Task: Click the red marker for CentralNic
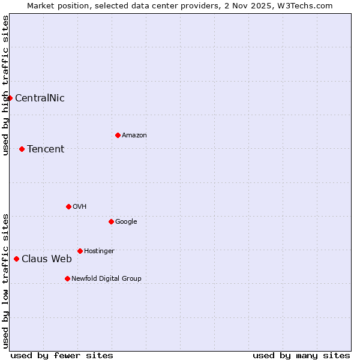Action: pyautogui.click(x=10, y=98)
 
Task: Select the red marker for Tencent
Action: pyautogui.click(x=22, y=149)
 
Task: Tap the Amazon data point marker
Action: pyautogui.click(x=118, y=135)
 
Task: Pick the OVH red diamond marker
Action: pyautogui.click(x=68, y=206)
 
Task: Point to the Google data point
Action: pyautogui.click(x=111, y=221)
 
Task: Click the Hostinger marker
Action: pyautogui.click(x=80, y=251)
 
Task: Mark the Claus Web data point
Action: pyautogui.click(x=16, y=259)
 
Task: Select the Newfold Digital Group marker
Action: pyautogui.click(x=67, y=278)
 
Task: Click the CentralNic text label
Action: pyautogui.click(x=40, y=98)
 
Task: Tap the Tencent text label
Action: pyautogui.click(x=46, y=149)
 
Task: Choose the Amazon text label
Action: pyautogui.click(x=134, y=136)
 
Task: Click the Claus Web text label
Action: pyautogui.click(x=47, y=259)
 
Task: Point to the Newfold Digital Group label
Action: pyautogui.click(x=106, y=278)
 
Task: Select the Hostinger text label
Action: pyautogui.click(x=99, y=251)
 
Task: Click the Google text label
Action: pyautogui.click(x=126, y=222)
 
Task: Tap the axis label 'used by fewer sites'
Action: pyautogui.click(x=62, y=355)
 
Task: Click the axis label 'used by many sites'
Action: pyautogui.click(x=301, y=355)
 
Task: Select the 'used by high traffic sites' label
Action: pyautogui.click(x=5, y=85)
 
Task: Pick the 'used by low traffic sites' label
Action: pyautogui.click(x=5, y=280)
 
